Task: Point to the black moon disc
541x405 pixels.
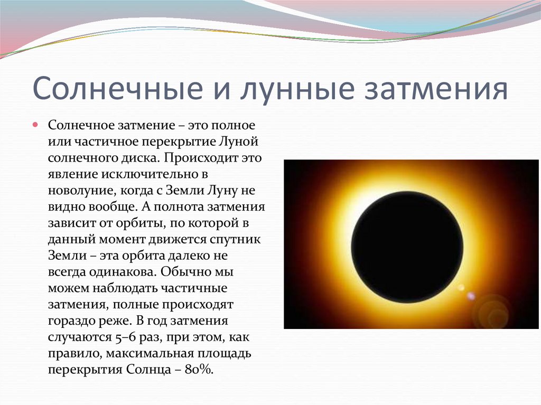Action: pyautogui.click(x=407, y=247)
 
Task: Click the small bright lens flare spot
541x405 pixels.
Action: pyautogui.click(x=461, y=288)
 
